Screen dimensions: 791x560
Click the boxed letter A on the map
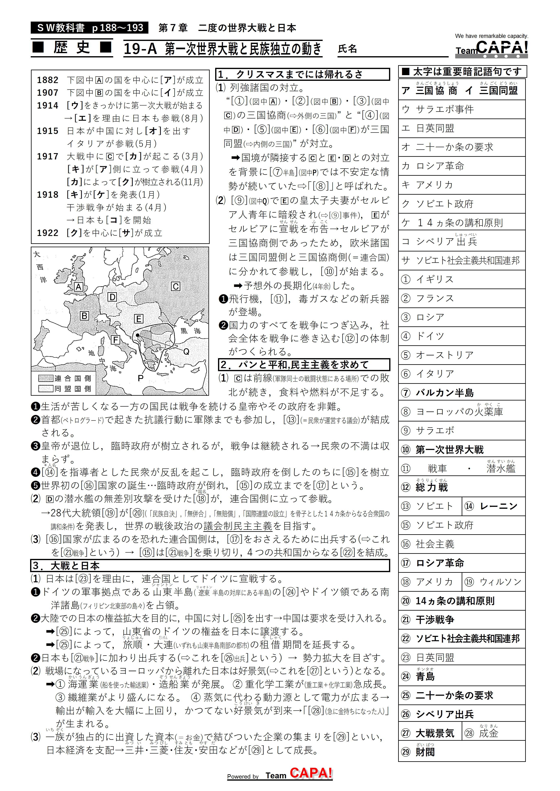(79, 287)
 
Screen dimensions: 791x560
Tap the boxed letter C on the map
(175, 286)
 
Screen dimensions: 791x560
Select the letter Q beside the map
(186, 351)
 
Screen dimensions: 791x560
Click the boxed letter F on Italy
(115, 340)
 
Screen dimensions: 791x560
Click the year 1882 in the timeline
(48, 80)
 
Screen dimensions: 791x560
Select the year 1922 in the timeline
(48, 233)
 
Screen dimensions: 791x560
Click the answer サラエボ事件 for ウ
(445, 109)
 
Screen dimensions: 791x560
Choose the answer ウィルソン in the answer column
(501, 582)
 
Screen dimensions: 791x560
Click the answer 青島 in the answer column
(425, 677)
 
